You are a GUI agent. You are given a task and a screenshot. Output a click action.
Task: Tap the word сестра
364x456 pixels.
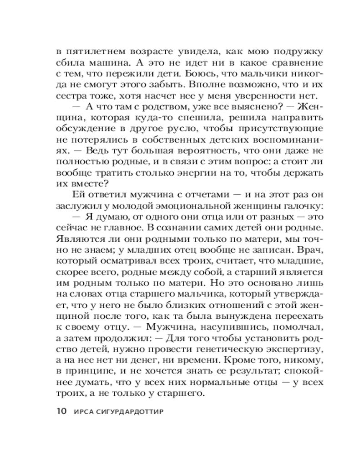(73, 96)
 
